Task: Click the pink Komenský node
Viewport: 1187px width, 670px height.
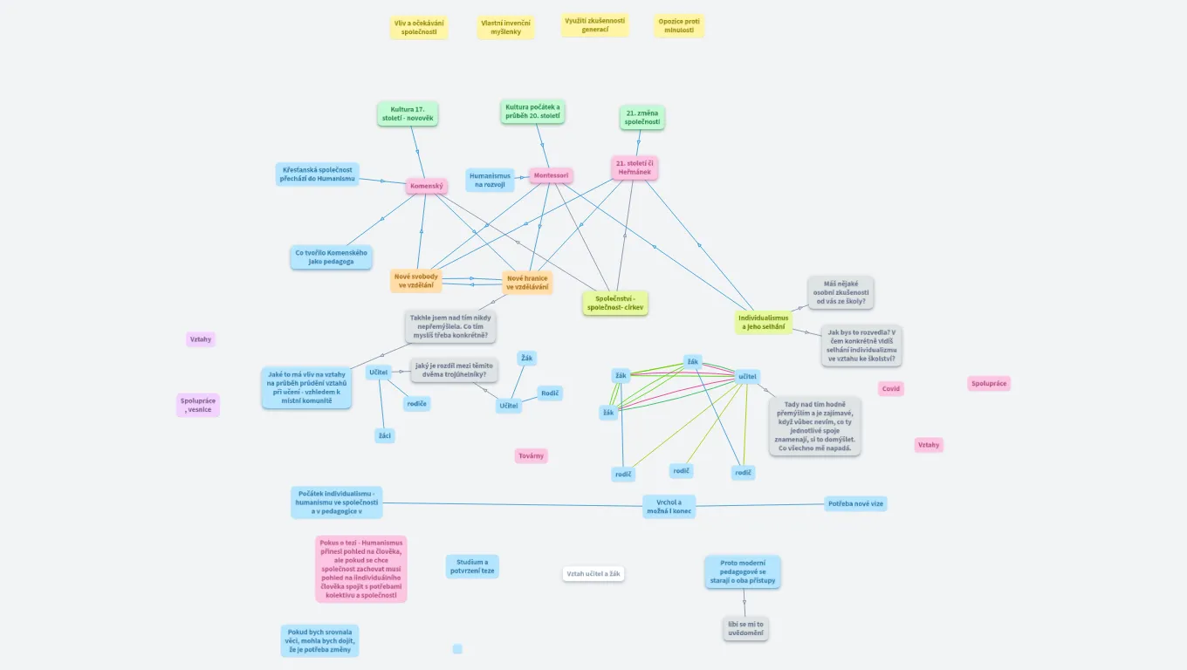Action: (x=427, y=186)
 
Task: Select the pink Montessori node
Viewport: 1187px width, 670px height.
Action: (x=552, y=175)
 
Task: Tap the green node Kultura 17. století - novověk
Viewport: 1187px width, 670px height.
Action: (x=408, y=114)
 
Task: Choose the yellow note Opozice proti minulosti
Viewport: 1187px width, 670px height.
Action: (x=679, y=26)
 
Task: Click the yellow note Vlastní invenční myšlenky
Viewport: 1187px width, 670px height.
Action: (x=505, y=27)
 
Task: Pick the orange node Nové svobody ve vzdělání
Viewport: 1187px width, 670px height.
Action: (x=416, y=281)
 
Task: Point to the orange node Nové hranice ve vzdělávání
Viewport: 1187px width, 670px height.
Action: (x=527, y=283)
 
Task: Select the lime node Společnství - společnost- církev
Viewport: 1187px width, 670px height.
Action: (x=615, y=303)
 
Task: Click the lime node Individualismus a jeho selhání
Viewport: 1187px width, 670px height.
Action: (x=763, y=322)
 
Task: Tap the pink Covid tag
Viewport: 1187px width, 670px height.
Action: (x=890, y=389)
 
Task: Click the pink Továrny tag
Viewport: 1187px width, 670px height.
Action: (x=532, y=456)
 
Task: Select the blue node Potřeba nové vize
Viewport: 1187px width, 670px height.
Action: (x=855, y=503)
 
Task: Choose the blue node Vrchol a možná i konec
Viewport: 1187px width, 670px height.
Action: (x=669, y=507)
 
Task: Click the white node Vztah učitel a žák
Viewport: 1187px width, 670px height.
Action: (x=593, y=574)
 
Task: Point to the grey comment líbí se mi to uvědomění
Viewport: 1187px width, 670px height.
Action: (x=745, y=628)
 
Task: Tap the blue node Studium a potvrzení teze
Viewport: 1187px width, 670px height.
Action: (x=471, y=566)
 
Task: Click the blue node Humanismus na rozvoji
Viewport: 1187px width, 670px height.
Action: (x=490, y=181)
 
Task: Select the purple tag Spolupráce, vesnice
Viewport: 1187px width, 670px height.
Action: (x=198, y=405)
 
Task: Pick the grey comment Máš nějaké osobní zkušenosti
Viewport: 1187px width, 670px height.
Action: (x=841, y=292)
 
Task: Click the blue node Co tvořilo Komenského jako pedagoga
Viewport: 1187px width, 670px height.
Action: (x=332, y=256)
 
